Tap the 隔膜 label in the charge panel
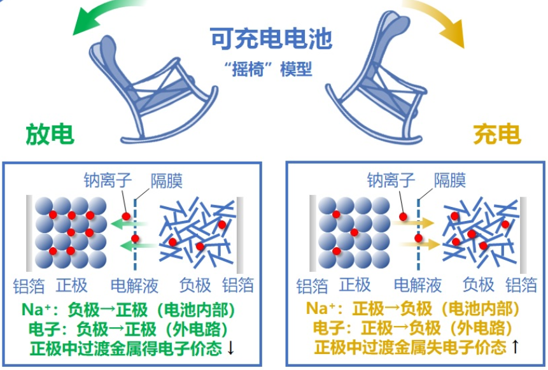pyautogui.click(x=450, y=180)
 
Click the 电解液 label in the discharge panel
pyautogui.click(x=134, y=285)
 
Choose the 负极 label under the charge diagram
pyautogui.click(x=478, y=285)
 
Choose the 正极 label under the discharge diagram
pyautogui.click(x=71, y=285)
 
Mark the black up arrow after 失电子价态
pyautogui.click(x=514, y=347)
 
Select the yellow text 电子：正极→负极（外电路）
pyautogui.click(x=414, y=329)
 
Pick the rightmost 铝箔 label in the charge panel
pyautogui.click(x=521, y=285)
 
